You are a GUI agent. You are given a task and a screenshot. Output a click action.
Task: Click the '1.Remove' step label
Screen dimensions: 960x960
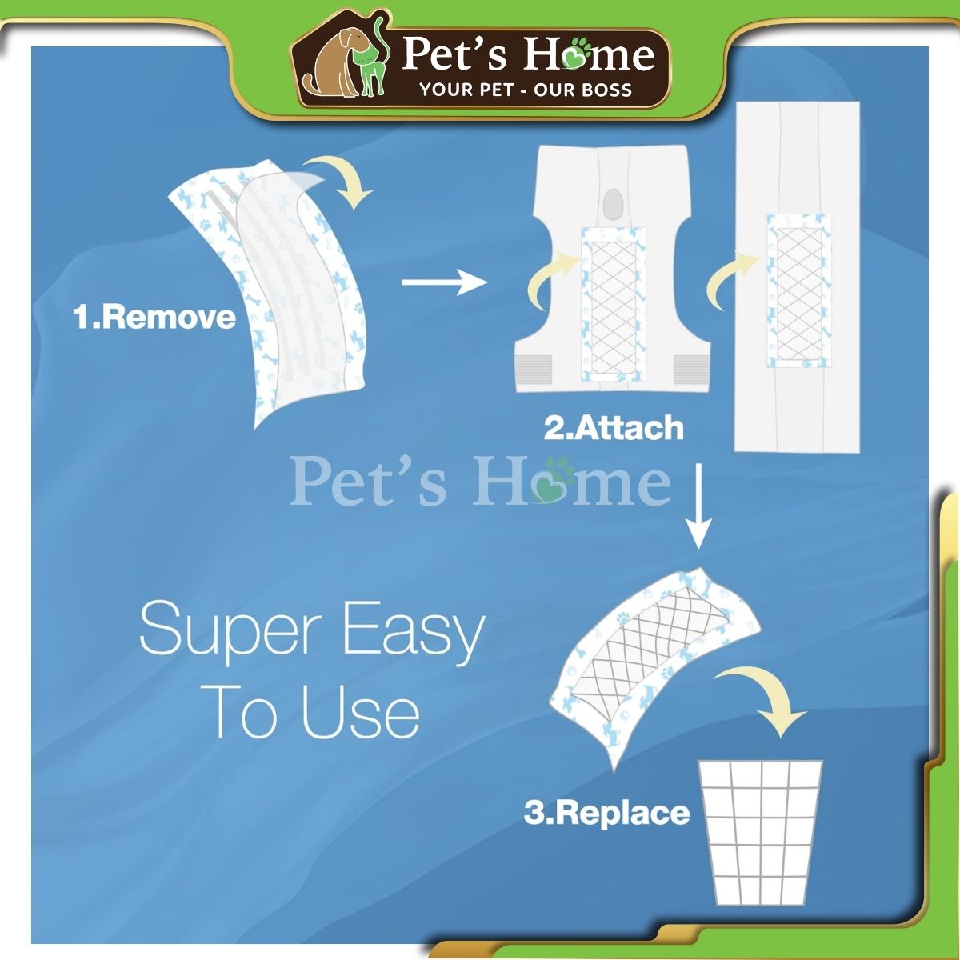154,318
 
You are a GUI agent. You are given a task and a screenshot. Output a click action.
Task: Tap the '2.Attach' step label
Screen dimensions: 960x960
614,428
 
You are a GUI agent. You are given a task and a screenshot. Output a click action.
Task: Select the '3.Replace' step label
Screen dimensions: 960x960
606,813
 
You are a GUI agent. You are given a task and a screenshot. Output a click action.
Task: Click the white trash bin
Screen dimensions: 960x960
760,832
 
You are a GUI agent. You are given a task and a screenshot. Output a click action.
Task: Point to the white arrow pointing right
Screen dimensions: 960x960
444,282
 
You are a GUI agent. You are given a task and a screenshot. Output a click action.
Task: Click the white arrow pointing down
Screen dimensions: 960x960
698,506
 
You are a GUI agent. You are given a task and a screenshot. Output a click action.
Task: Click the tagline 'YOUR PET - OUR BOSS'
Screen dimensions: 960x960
526,90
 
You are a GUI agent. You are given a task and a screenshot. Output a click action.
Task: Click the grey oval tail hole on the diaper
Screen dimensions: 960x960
614,205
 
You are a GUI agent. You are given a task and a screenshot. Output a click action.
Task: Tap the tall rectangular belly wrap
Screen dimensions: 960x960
797,277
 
